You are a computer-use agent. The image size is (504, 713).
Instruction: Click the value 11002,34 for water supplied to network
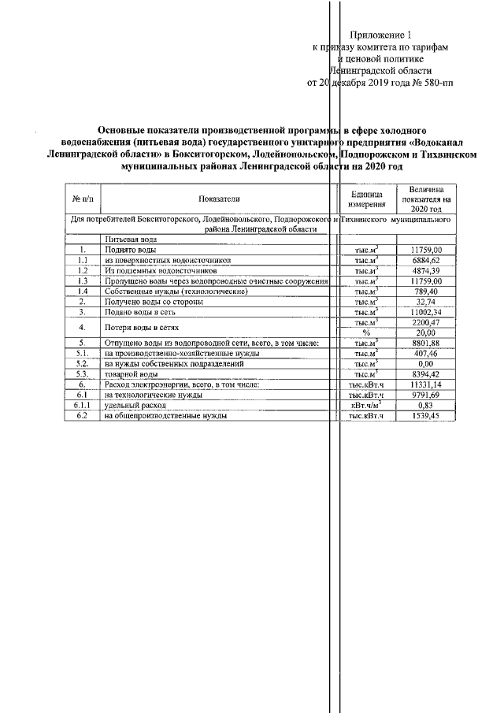click(x=425, y=312)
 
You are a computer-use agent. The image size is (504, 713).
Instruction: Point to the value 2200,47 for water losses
click(x=425, y=322)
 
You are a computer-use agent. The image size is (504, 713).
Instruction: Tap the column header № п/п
click(x=81, y=200)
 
